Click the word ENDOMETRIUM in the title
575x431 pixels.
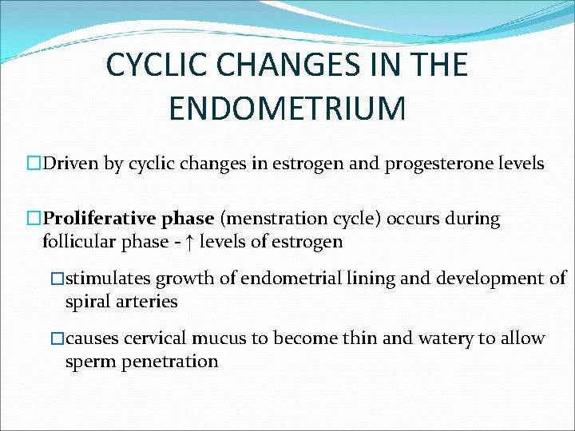[287, 108]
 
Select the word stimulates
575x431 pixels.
[108, 279]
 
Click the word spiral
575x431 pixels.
[88, 302]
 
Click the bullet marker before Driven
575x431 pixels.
[34, 165]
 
